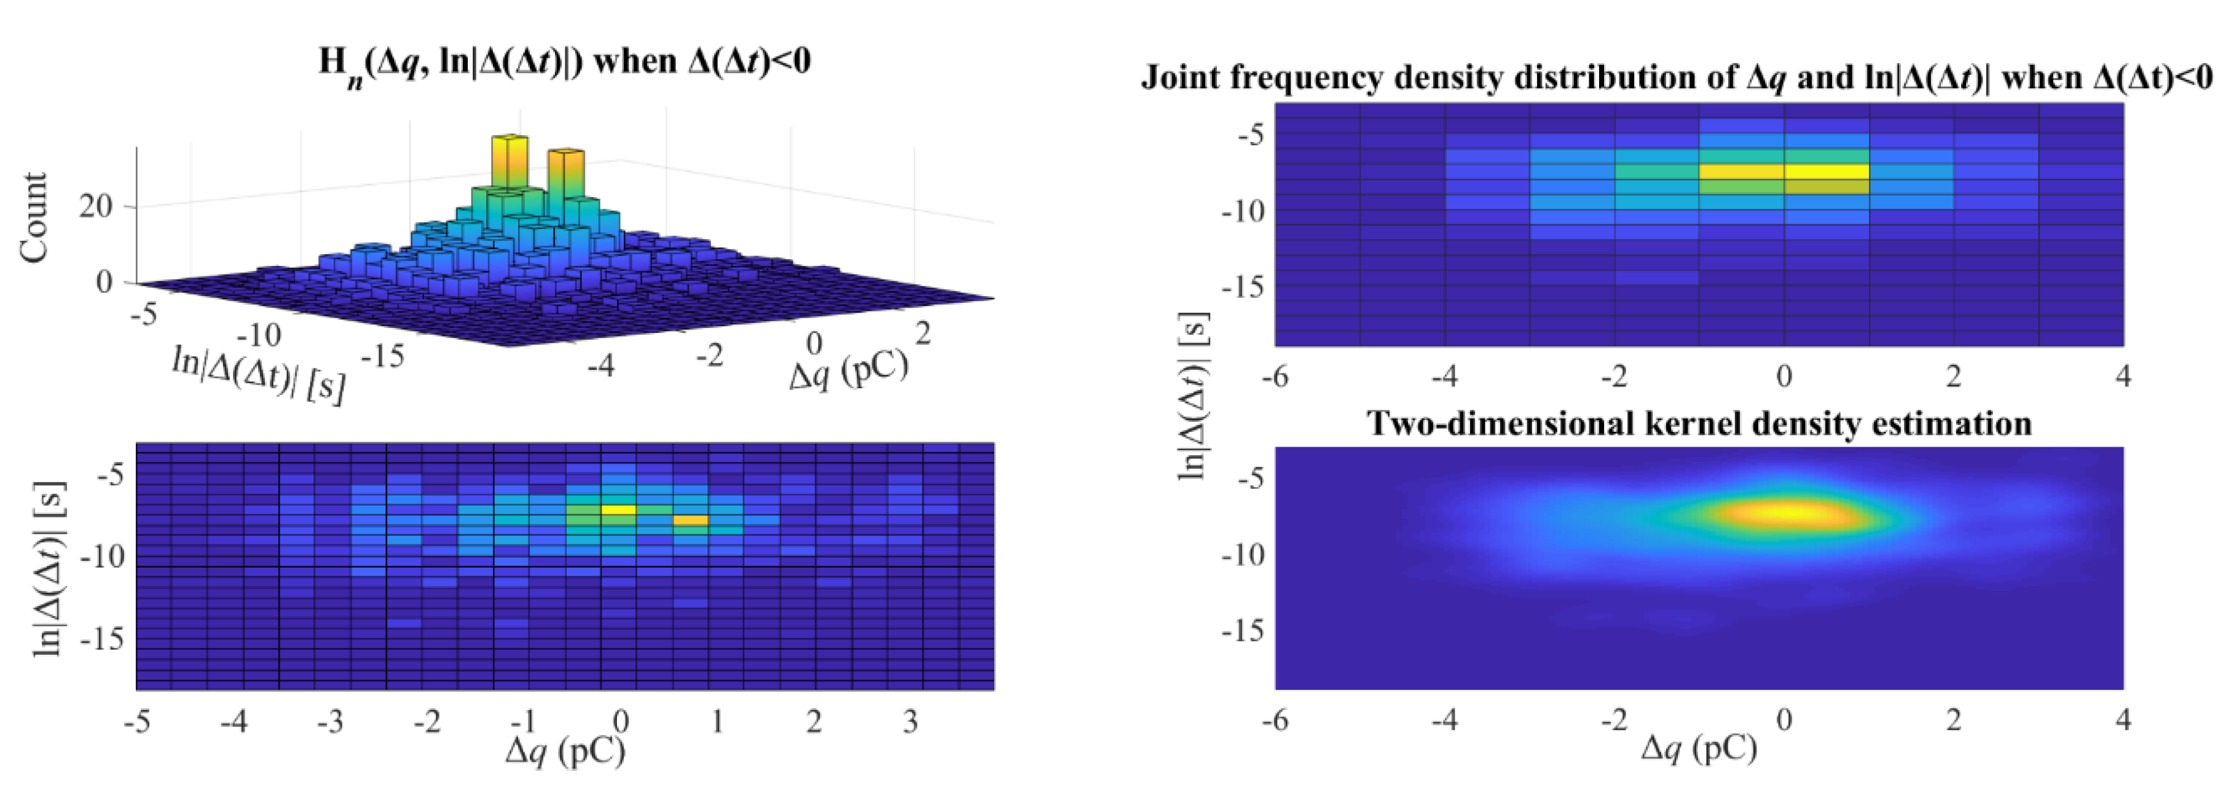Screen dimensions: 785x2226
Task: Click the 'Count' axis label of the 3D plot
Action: pos(34,217)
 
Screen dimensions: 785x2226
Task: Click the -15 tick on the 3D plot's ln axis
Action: pos(381,355)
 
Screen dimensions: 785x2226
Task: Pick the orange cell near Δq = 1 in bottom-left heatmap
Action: pos(690,520)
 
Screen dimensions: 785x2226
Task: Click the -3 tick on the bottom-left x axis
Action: pos(330,721)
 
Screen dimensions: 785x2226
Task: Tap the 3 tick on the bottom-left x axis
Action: pos(910,721)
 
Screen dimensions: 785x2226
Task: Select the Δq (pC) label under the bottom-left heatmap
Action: pos(566,751)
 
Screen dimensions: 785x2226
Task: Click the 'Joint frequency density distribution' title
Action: pos(1677,79)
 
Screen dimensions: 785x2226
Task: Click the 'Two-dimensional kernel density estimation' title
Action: pos(1698,424)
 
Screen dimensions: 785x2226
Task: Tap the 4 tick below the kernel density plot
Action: pos(2122,719)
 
